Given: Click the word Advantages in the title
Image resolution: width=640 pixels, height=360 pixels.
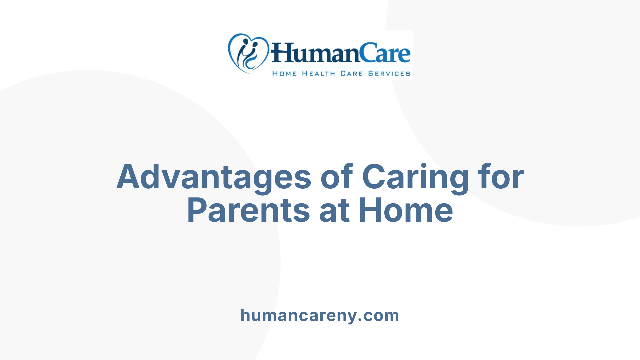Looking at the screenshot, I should tap(214, 177).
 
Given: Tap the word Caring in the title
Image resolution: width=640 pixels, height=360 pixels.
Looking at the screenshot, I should tap(415, 177).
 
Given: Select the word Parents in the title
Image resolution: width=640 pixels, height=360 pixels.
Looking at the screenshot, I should tap(249, 210).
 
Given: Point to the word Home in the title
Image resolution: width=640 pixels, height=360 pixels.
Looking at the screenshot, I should tap(406, 210).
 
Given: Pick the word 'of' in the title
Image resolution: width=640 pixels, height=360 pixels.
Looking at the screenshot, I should tap(336, 177).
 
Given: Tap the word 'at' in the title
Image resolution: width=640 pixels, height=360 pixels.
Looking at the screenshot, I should tap(334, 211).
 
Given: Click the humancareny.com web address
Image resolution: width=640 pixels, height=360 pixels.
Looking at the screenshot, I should tap(320, 315).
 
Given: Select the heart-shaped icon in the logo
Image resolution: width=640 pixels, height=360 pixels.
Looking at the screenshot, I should tap(248, 53).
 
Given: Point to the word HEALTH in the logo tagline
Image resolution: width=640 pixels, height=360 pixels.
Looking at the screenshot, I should tap(318, 74).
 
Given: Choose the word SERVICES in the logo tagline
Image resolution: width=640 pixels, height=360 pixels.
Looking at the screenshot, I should tap(389, 74).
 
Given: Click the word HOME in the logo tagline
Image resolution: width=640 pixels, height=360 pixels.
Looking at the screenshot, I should tap(284, 74).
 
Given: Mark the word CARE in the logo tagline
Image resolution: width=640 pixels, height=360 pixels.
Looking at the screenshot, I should tap(351, 74).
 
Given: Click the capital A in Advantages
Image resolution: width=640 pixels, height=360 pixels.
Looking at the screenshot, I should tap(128, 177).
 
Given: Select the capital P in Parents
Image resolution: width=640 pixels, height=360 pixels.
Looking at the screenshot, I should tap(196, 210).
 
